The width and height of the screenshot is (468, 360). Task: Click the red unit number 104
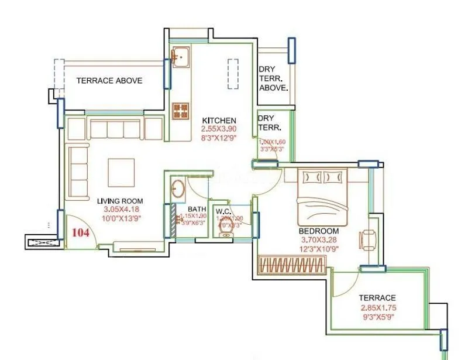coord(80,232)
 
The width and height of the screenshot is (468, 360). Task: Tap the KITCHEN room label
coord(219,121)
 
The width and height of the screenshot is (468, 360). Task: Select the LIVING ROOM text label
coord(120,201)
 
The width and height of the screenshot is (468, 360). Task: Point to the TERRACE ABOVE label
coord(109,80)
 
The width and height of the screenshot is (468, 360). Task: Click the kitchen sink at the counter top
coord(179,57)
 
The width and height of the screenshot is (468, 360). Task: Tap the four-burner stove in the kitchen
coord(180,109)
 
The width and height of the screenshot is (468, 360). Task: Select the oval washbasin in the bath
coord(177,189)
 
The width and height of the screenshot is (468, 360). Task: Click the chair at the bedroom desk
coord(367,238)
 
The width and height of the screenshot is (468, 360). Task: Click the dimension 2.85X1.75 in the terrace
coord(378,308)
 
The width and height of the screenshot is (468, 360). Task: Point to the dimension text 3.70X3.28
coord(318,239)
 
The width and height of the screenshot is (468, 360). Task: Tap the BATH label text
coord(196,209)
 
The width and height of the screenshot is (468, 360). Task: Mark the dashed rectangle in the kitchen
coord(233,73)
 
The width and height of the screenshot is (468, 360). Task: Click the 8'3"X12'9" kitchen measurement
coord(219,139)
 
